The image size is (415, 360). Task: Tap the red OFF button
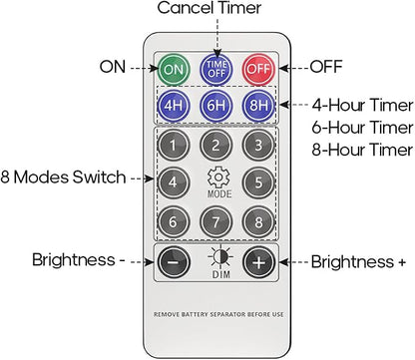(258, 69)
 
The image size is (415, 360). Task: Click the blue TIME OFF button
(216, 69)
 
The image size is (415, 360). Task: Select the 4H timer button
(174, 106)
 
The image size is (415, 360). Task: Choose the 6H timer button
(216, 106)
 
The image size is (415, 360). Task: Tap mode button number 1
(174, 146)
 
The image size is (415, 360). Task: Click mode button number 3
(258, 146)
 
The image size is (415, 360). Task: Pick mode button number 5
(258, 182)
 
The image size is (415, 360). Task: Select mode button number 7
(216, 221)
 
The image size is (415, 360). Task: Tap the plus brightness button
(258, 262)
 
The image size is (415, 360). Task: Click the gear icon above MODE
(218, 178)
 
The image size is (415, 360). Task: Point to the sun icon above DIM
(220, 257)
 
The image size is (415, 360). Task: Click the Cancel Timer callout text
(209, 8)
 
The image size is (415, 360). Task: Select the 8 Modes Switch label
(63, 177)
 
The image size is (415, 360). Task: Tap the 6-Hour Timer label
(362, 128)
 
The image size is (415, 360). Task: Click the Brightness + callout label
(358, 262)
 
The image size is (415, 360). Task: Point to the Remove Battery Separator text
(218, 314)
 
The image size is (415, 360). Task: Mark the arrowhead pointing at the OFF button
(283, 68)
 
